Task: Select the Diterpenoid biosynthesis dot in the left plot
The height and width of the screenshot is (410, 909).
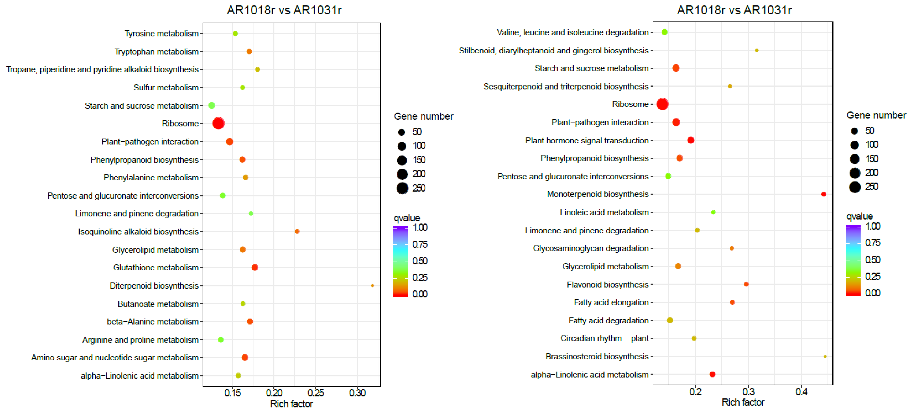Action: click(x=372, y=285)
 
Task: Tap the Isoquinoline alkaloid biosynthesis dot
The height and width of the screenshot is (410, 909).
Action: click(x=297, y=231)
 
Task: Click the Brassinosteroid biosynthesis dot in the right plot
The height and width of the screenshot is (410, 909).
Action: click(x=825, y=356)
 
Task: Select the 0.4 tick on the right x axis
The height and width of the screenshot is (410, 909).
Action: click(x=801, y=392)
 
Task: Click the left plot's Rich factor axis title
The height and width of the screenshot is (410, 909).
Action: click(x=292, y=404)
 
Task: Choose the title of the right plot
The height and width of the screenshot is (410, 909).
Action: click(x=734, y=10)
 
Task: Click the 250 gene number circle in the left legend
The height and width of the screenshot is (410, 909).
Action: click(x=402, y=188)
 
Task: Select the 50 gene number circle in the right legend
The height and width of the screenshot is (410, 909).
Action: click(x=854, y=131)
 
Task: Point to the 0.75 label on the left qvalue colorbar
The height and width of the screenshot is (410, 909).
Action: click(x=420, y=244)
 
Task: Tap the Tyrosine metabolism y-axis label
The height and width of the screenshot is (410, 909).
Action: click(x=161, y=34)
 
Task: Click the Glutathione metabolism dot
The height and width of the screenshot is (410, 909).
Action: click(x=255, y=268)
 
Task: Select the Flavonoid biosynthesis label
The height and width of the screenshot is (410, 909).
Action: click(x=607, y=284)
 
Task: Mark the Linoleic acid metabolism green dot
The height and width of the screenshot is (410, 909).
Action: click(x=713, y=212)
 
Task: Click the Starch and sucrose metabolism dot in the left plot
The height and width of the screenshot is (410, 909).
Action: click(x=211, y=105)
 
